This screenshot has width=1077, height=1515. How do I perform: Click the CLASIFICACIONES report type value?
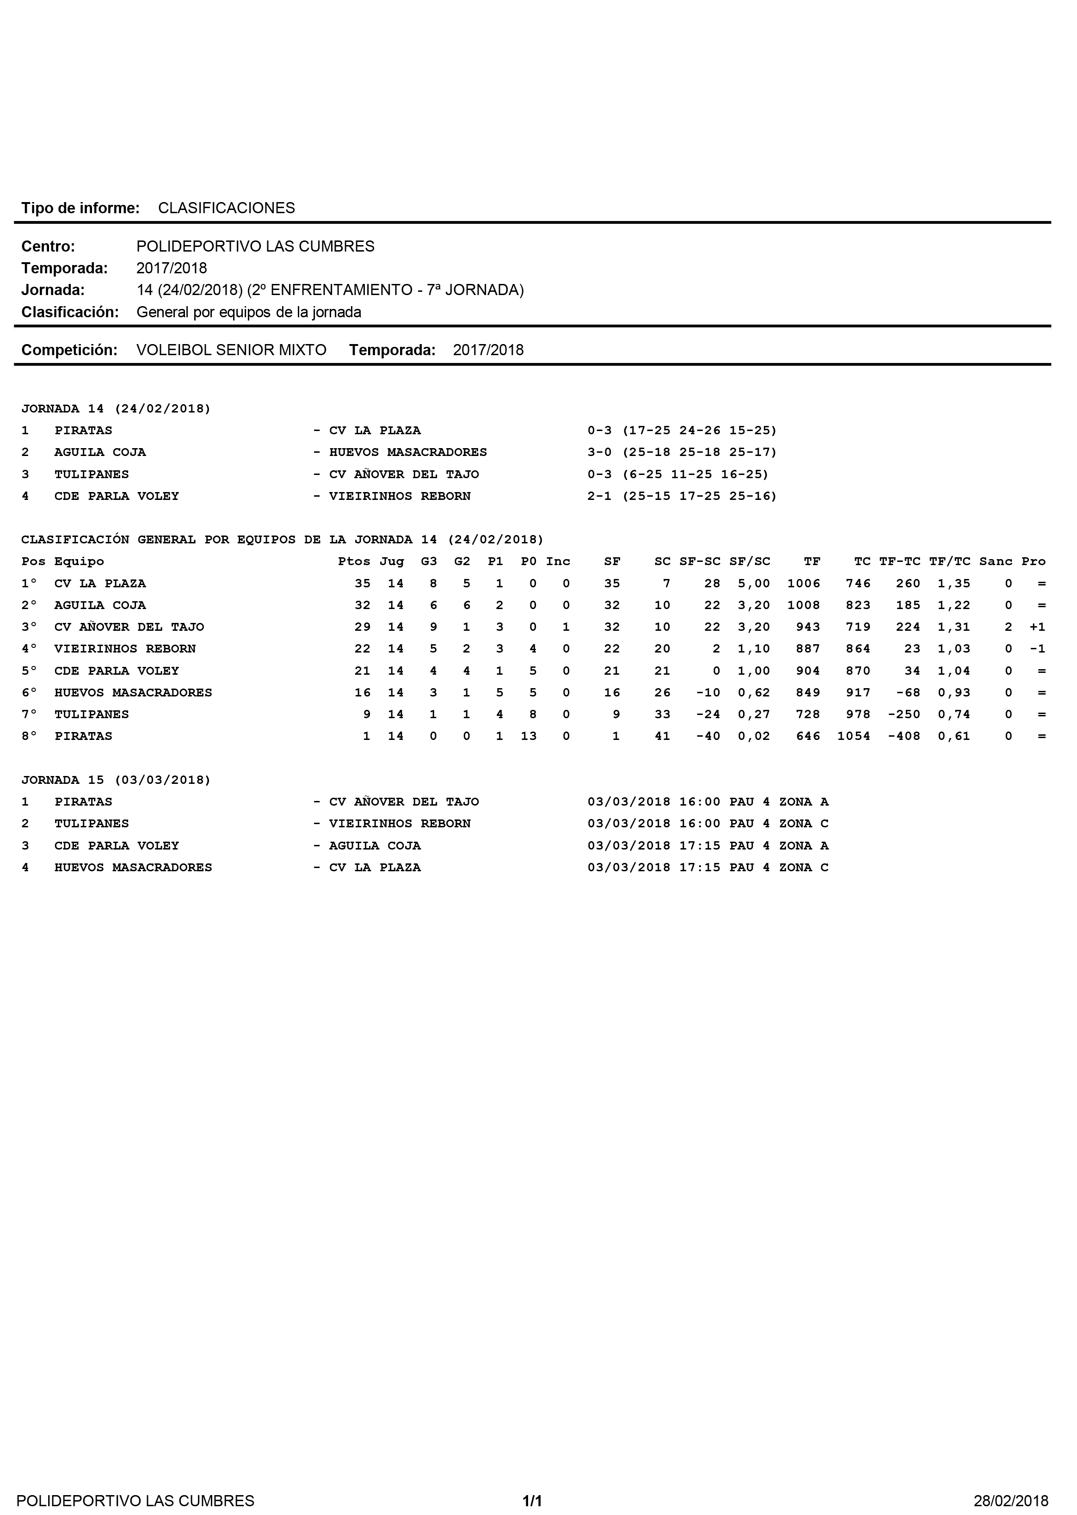coord(226,208)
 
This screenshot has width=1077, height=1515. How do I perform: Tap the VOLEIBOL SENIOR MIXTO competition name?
coord(232,350)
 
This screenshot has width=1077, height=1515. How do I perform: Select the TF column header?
coord(812,561)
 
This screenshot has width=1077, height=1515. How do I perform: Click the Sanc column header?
coord(996,561)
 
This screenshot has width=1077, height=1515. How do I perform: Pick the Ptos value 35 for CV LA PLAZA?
coord(362,584)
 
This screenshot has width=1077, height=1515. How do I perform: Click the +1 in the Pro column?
coord(1037,627)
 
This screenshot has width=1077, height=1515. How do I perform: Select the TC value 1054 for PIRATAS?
coord(854,736)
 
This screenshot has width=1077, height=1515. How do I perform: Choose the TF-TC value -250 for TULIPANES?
coord(904,714)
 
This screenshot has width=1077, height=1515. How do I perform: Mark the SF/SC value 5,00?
coord(754,584)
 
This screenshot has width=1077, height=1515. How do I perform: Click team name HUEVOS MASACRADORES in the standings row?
coord(133,692)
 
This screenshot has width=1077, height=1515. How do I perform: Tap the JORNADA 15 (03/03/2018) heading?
coord(116,780)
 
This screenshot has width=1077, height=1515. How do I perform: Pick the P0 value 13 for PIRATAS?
coord(529,736)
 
